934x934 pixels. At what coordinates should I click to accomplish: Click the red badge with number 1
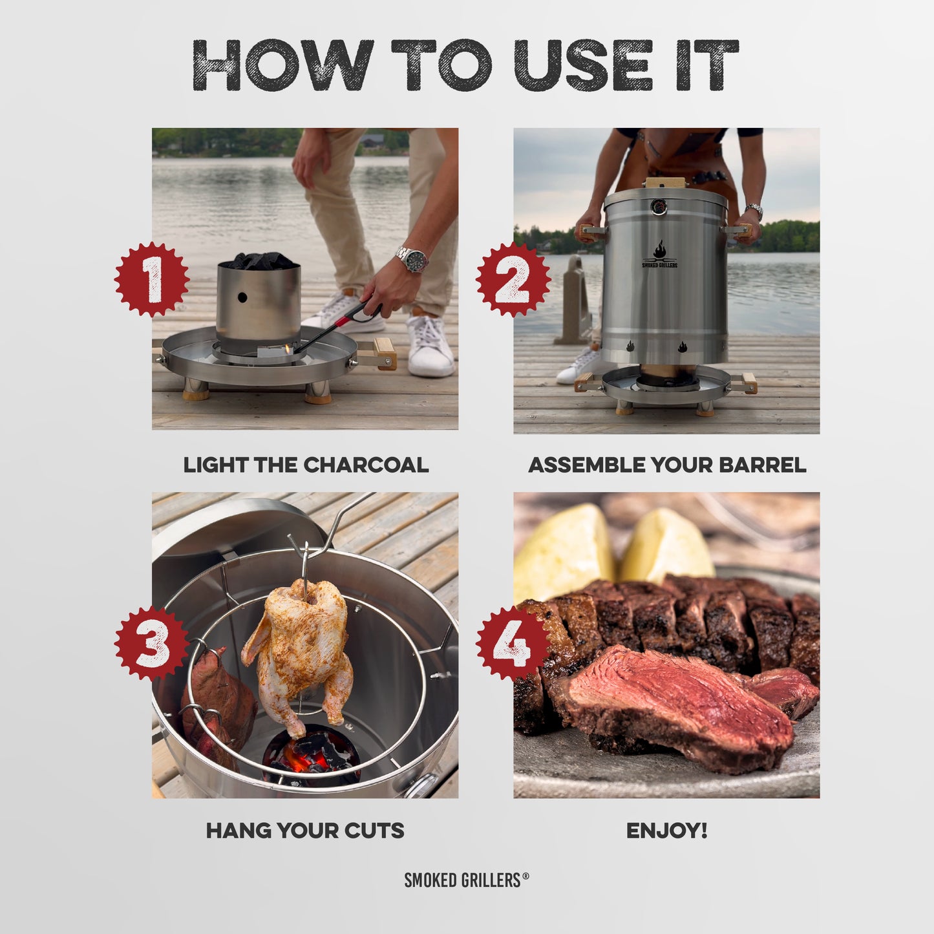[x=152, y=280]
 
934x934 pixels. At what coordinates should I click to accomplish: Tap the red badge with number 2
[x=513, y=280]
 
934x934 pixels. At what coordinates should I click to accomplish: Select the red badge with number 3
[x=152, y=644]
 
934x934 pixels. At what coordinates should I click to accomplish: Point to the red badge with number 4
[x=513, y=644]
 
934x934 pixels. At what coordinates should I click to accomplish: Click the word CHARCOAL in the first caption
[x=366, y=465]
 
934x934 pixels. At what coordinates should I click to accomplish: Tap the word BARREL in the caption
[x=763, y=465]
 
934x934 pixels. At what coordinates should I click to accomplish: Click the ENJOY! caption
[x=667, y=831]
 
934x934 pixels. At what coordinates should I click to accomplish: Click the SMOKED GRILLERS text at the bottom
[x=462, y=880]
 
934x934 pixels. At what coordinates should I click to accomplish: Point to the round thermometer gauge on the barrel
[x=658, y=207]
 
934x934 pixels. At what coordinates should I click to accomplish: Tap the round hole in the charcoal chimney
[x=242, y=297]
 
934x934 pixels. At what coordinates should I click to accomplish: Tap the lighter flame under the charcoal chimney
[x=290, y=348]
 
